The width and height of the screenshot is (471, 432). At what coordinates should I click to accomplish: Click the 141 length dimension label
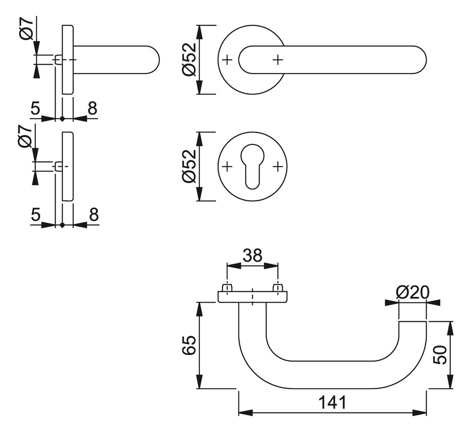pyautogui.click(x=333, y=402)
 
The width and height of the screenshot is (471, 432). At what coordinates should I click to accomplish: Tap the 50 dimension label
pyautogui.click(x=440, y=354)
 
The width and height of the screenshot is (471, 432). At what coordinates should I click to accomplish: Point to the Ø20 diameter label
pyautogui.click(x=412, y=292)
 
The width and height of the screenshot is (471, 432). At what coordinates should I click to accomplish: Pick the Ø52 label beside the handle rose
pyautogui.click(x=188, y=59)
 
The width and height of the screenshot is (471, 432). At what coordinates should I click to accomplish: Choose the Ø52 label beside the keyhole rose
pyautogui.click(x=188, y=166)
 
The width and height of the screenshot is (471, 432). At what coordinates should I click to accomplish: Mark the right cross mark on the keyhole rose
pyautogui.click(x=277, y=166)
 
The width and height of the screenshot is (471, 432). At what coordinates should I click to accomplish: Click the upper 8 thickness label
pyautogui.click(x=92, y=108)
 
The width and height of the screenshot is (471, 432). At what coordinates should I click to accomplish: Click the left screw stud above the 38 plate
pyautogui.click(x=227, y=288)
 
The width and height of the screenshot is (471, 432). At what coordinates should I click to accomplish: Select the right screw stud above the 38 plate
pyautogui.click(x=277, y=288)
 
